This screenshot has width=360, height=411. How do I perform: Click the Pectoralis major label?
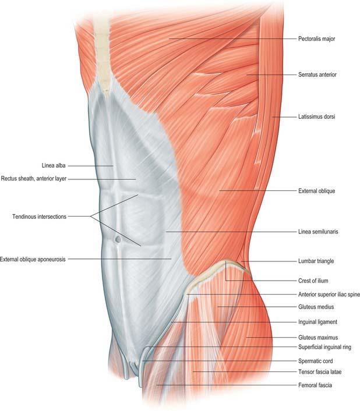pos(316,39)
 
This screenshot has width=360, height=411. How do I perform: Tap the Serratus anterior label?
pos(317,75)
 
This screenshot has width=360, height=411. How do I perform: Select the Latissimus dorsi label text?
pos(316,116)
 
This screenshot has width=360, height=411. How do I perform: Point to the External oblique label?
pos(316,191)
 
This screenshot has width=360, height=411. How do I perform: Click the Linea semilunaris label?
pos(318,232)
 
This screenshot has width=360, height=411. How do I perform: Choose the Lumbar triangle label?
pos(316,261)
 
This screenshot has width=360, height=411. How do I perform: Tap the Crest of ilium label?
pos(313,281)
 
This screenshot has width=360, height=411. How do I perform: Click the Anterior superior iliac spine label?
pos(329,295)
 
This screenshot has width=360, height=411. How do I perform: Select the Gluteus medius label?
pos(316,307)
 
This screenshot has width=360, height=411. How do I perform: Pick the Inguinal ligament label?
pos(317,322)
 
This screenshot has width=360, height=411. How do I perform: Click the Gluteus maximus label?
pos(318,338)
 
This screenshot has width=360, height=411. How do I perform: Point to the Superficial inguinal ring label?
pos(324,348)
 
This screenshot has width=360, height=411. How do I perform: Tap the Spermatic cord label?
pos(315,361)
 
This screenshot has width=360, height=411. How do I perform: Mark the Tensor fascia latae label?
pos(320,372)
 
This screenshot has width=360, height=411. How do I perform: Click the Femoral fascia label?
pos(315,385)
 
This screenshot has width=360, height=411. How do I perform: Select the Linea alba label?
pos(54,166)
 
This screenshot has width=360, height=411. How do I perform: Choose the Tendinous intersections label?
pos(40,217)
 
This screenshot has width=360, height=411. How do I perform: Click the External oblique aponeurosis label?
pos(33,259)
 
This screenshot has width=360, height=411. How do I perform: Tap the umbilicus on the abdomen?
pos(118,239)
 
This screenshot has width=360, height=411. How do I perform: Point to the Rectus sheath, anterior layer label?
pos(34,179)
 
